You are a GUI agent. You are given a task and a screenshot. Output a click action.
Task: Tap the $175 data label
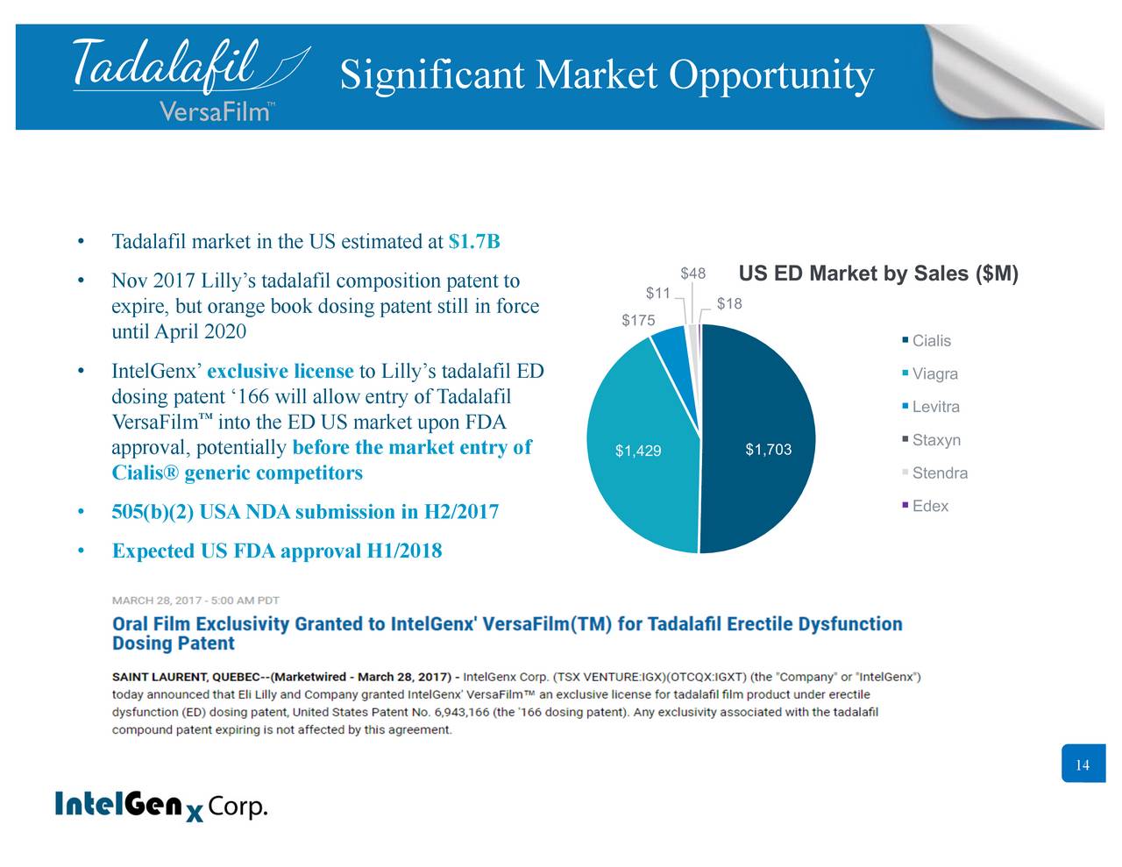638,321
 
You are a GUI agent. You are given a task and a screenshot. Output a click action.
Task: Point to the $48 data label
693,274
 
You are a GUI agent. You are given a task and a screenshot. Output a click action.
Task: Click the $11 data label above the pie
657,294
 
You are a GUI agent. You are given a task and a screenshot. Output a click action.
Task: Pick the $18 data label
729,303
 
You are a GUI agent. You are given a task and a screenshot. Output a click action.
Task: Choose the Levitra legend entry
931,407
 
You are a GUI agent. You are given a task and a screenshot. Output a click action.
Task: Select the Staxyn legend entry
932,440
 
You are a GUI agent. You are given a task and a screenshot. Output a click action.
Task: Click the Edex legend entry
926,506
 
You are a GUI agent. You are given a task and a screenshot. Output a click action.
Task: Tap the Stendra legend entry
935,473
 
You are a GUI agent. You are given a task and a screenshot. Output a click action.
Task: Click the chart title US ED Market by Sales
878,274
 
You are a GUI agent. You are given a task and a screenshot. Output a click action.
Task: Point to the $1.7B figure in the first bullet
474,241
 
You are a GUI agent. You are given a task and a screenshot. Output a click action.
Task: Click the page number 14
1083,764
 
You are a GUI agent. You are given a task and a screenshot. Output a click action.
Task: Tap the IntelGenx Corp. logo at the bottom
161,805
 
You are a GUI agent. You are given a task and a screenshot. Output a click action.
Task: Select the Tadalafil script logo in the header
191,66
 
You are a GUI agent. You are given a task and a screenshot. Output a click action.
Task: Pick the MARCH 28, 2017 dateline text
195,601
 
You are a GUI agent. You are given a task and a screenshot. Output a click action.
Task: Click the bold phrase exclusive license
280,372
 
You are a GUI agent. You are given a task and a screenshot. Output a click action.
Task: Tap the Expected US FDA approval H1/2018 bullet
277,551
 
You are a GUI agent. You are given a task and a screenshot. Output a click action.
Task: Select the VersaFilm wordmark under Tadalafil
217,110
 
